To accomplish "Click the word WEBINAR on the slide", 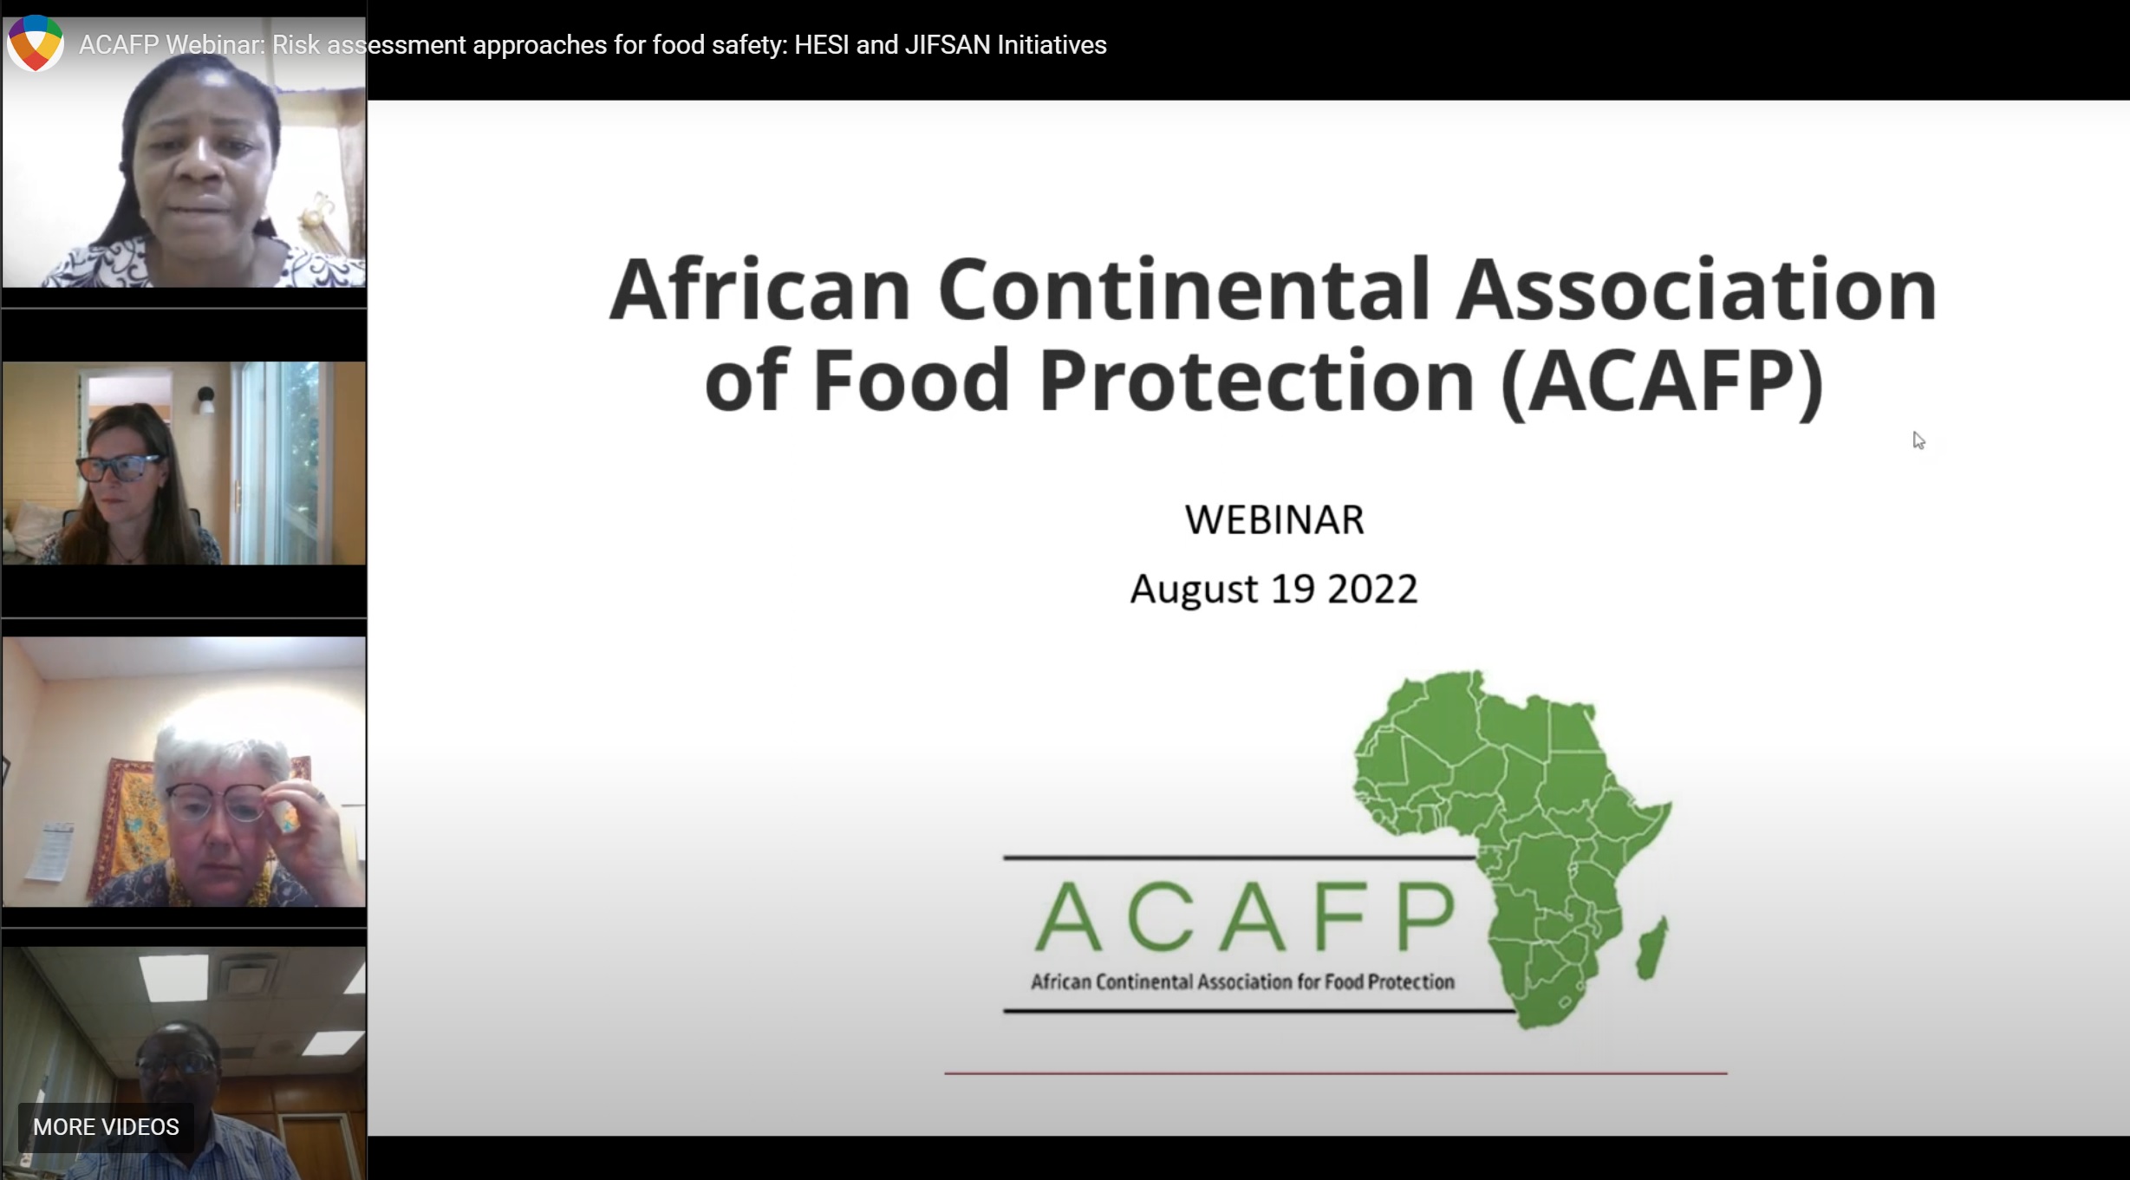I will pos(1274,520).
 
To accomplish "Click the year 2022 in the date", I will pos(1372,590).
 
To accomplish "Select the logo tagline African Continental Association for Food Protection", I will pos(1241,982).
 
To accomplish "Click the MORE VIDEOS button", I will pos(106,1126).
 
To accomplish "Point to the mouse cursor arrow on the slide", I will pos(1918,440).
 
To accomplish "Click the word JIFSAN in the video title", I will pos(947,45).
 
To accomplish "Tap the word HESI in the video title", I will pos(821,45).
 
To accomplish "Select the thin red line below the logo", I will pos(1335,1073).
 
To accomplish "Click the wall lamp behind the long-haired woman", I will pos(205,398).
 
